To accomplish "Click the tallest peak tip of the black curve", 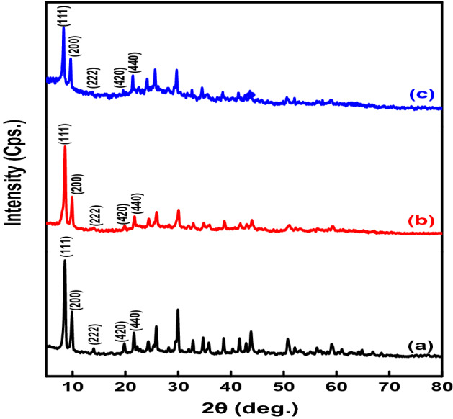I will (x=65, y=261).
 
